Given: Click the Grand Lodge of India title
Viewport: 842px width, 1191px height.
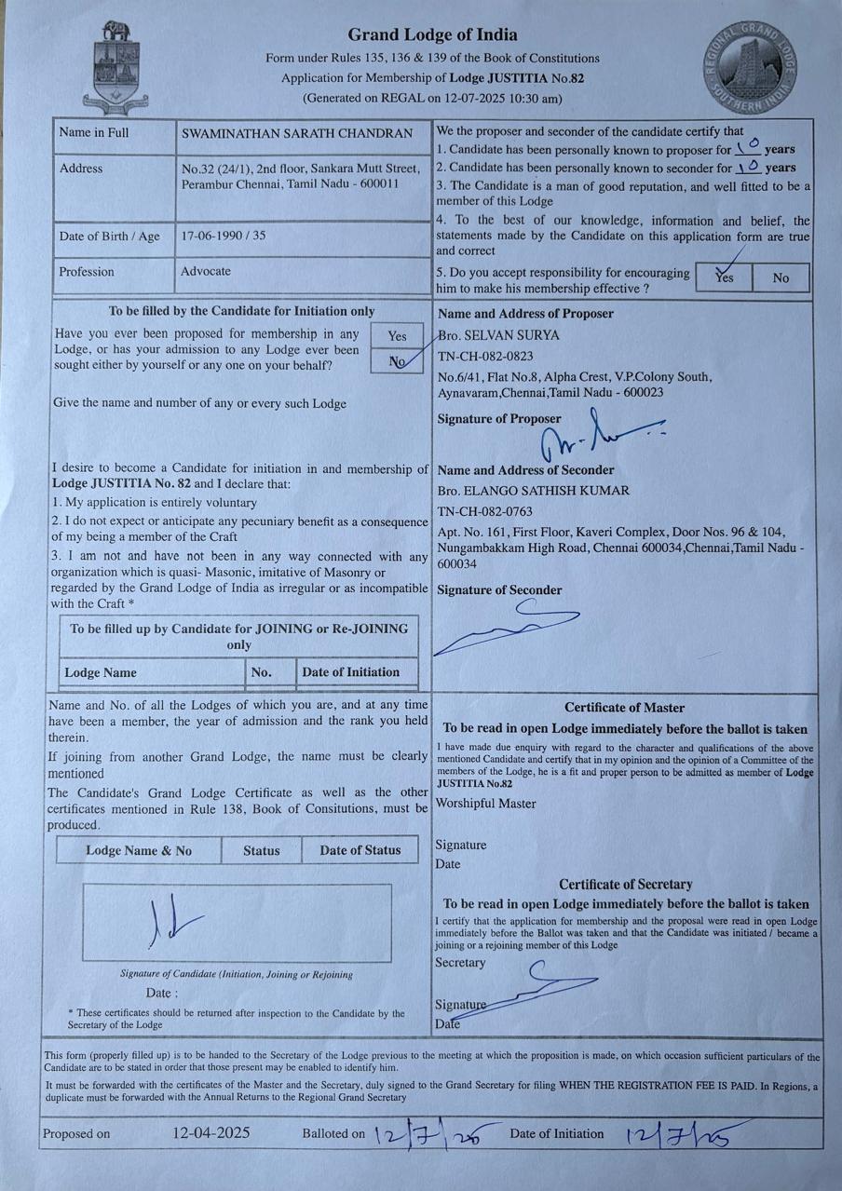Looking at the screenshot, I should click(x=432, y=35).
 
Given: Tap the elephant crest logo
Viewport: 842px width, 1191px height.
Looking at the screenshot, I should click(x=116, y=65).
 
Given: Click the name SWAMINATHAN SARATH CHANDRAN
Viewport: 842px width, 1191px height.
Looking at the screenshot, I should click(x=297, y=133).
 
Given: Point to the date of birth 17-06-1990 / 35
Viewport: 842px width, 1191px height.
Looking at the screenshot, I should click(x=224, y=236).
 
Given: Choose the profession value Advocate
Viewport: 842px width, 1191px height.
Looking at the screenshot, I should click(x=206, y=271).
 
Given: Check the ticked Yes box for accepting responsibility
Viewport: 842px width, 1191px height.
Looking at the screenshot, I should click(x=723, y=277).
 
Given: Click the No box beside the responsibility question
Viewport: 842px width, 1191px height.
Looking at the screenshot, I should click(x=781, y=277).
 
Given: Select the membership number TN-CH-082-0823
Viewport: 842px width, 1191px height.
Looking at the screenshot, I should click(x=485, y=356).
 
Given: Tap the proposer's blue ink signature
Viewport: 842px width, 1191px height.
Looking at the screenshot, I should click(x=596, y=433).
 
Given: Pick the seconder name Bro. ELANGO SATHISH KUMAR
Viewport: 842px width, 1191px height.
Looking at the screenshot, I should click(x=534, y=491).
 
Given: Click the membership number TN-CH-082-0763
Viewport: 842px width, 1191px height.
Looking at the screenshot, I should click(x=485, y=511).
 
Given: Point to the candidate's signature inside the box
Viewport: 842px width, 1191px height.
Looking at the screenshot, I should click(x=173, y=921).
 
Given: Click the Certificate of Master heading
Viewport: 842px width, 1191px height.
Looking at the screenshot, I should click(x=624, y=708).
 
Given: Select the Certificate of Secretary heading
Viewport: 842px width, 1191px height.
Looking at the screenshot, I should click(x=625, y=884).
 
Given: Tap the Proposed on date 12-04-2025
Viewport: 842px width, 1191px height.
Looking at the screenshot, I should click(x=211, y=1133).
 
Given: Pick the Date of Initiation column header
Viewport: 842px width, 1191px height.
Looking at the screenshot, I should click(x=350, y=671).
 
